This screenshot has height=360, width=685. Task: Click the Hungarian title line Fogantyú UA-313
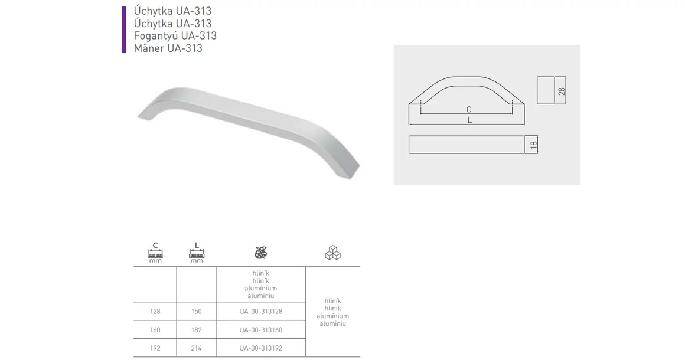coord(175,36)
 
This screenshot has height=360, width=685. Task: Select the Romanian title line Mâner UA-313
coord(168,48)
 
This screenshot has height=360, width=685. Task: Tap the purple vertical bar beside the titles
coord(124,30)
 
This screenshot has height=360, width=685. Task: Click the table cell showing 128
coord(155,312)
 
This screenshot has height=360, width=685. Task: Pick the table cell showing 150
coord(197,312)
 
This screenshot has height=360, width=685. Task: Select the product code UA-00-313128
coord(261,312)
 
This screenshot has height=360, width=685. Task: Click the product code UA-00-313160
coord(261,330)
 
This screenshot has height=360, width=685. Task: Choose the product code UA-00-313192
coord(261,348)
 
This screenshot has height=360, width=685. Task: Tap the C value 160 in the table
coord(155,330)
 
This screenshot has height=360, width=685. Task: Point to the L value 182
coord(197,330)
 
